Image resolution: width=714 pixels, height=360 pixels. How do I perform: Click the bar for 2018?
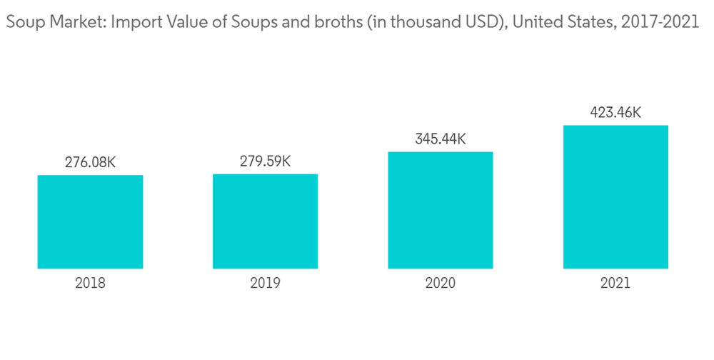click(x=90, y=222)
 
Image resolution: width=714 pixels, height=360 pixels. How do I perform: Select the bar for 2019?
click(x=265, y=221)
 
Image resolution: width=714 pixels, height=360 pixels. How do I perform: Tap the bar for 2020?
click(x=441, y=210)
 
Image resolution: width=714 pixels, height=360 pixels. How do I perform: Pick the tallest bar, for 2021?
click(x=615, y=197)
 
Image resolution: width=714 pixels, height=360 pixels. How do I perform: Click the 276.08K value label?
click(x=90, y=163)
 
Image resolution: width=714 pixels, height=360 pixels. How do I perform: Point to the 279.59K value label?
click(x=265, y=161)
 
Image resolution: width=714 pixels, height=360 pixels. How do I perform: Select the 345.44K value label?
click(x=441, y=139)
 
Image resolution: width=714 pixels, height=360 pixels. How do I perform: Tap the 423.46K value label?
click(x=615, y=113)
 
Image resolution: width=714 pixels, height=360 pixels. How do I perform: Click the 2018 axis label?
click(x=90, y=284)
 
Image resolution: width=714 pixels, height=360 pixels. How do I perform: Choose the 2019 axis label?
click(x=265, y=284)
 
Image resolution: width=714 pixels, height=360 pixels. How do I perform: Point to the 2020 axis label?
click(x=441, y=284)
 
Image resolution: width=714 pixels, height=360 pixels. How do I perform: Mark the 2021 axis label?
click(x=615, y=284)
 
